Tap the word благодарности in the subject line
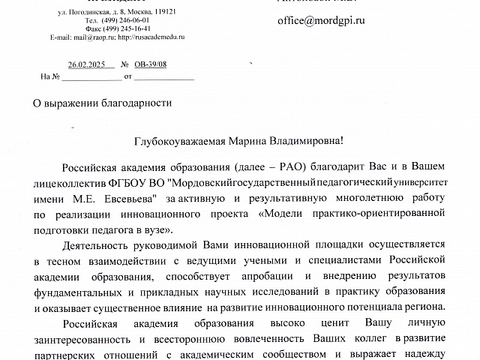137,103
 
